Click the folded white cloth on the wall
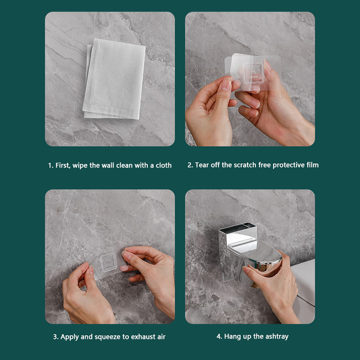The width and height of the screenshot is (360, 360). (x=114, y=79)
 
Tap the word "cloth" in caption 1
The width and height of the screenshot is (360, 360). (x=163, y=165)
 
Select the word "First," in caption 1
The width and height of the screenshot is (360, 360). (x=63, y=166)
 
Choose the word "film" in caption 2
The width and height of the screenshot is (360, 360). (x=312, y=165)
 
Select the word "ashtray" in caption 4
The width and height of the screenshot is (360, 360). (x=277, y=337)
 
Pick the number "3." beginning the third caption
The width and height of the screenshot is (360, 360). (x=56, y=337)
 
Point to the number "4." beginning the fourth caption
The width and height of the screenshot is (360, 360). (x=219, y=337)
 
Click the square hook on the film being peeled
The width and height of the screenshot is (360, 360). (x=253, y=73)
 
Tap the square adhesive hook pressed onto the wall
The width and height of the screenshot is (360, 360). (x=108, y=263)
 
